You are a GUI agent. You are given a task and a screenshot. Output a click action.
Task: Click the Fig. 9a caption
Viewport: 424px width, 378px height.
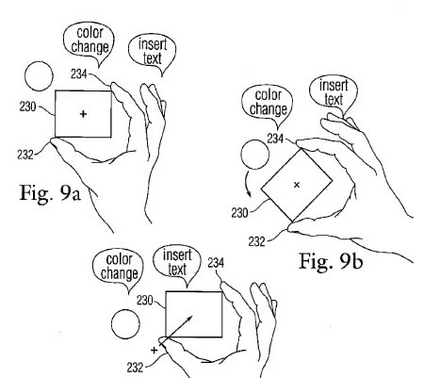pos(50,193)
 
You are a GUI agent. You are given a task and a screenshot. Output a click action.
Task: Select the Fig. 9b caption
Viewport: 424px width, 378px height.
pos(331,261)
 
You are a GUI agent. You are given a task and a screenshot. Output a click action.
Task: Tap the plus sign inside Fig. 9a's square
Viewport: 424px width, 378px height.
pos(83,113)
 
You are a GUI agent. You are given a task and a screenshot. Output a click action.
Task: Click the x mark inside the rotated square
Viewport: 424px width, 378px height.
pos(297,185)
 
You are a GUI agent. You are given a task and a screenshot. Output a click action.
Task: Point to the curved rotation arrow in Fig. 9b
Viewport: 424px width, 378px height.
pos(248,184)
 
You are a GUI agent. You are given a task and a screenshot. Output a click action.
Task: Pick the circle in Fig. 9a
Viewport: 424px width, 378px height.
pos(39,76)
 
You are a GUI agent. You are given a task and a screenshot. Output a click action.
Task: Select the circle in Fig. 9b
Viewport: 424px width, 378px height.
pos(255,155)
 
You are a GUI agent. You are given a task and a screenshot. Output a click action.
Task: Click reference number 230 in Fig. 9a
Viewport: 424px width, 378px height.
pos(27,107)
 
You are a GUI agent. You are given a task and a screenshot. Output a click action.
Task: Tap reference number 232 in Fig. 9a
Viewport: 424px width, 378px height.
pos(25,155)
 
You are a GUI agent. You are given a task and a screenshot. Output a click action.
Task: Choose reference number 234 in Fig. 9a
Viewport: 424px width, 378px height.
pos(78,74)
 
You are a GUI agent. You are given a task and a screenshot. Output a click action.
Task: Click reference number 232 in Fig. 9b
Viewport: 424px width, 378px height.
pos(257,241)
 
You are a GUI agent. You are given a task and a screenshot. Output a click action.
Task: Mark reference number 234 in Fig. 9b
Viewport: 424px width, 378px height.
pos(275,139)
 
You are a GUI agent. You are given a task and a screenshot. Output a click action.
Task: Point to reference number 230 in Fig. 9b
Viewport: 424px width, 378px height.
pos(239,213)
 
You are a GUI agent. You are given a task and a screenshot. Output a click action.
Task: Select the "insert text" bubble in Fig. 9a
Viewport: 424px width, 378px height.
pos(153,52)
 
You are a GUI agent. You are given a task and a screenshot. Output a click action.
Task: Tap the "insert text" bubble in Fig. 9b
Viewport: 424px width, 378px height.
pos(334,93)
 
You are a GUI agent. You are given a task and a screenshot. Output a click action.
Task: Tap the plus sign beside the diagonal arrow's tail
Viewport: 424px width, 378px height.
pos(154,350)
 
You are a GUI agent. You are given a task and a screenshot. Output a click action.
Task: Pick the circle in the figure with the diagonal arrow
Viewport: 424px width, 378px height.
pos(125,324)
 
